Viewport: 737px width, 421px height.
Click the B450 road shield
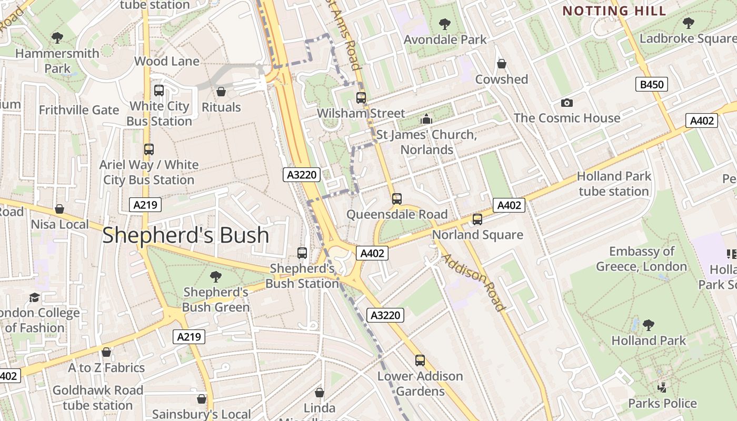click(x=651, y=84)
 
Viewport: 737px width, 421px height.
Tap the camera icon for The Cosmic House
click(x=566, y=103)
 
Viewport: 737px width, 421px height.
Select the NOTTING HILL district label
click(x=614, y=11)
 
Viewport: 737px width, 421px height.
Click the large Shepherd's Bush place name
click(x=185, y=235)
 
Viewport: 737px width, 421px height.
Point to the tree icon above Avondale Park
click(x=445, y=24)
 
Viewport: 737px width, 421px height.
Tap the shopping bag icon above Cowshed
click(x=502, y=64)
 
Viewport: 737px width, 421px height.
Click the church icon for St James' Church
click(x=426, y=119)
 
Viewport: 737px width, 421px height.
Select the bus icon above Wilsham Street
click(x=361, y=97)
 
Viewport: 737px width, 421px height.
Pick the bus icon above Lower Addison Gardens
click(x=420, y=360)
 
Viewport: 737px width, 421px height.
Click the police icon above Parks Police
click(x=662, y=388)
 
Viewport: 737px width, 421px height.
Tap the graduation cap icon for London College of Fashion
click(x=35, y=297)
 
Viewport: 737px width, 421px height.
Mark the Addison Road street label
click(x=473, y=282)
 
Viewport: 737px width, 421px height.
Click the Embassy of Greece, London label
click(x=641, y=259)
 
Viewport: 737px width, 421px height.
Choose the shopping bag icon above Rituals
click(x=221, y=92)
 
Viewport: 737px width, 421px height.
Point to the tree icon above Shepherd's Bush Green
click(x=215, y=276)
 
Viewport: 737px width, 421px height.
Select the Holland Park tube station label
click(x=614, y=184)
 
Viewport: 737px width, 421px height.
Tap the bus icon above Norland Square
click(x=477, y=219)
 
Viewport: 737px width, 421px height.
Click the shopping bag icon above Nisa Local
click(x=59, y=209)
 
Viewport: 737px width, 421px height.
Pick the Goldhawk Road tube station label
click(x=98, y=398)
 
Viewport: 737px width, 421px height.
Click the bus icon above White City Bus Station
click(x=159, y=90)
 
